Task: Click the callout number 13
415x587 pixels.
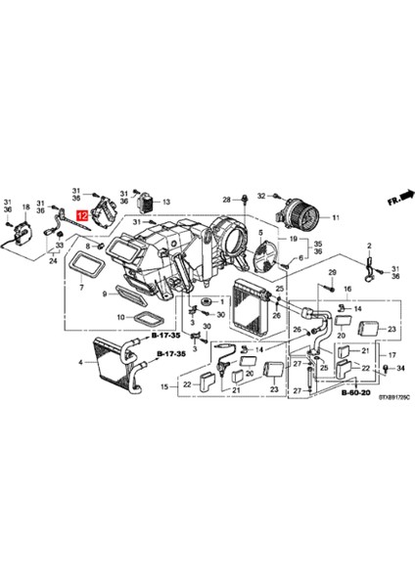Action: click(x=166, y=199)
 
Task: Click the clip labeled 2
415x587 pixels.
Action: click(x=370, y=257)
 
